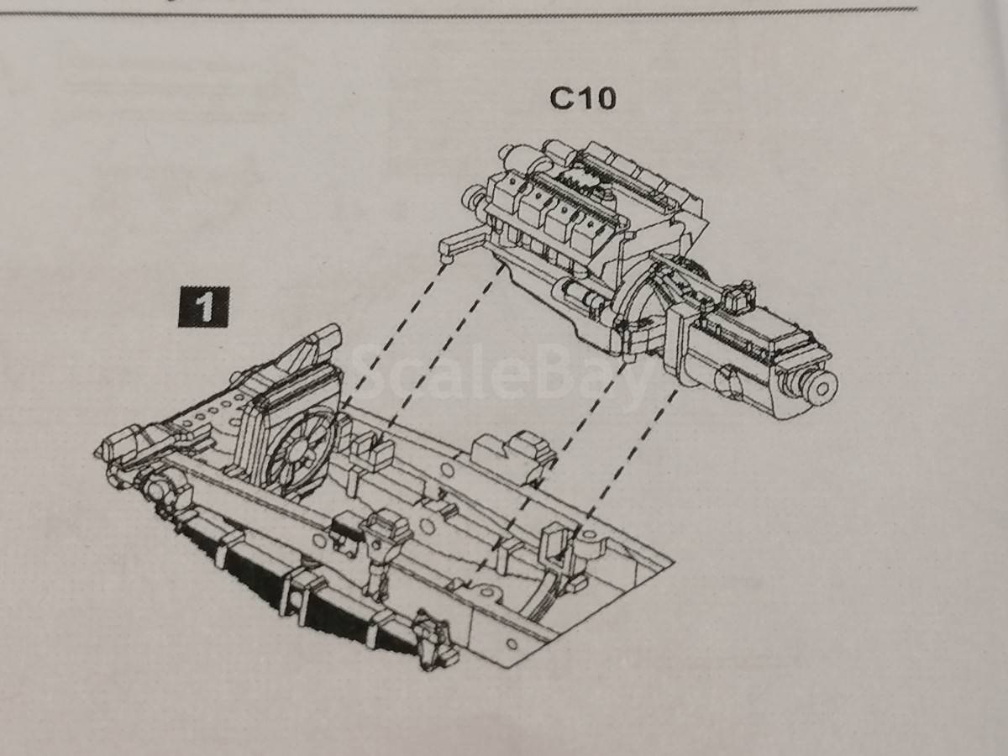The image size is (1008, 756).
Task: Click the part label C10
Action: click(583, 98)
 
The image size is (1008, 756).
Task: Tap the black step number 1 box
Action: click(203, 307)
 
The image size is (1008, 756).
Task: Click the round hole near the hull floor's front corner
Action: click(512, 644)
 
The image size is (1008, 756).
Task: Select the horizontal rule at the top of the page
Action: click(459, 13)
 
